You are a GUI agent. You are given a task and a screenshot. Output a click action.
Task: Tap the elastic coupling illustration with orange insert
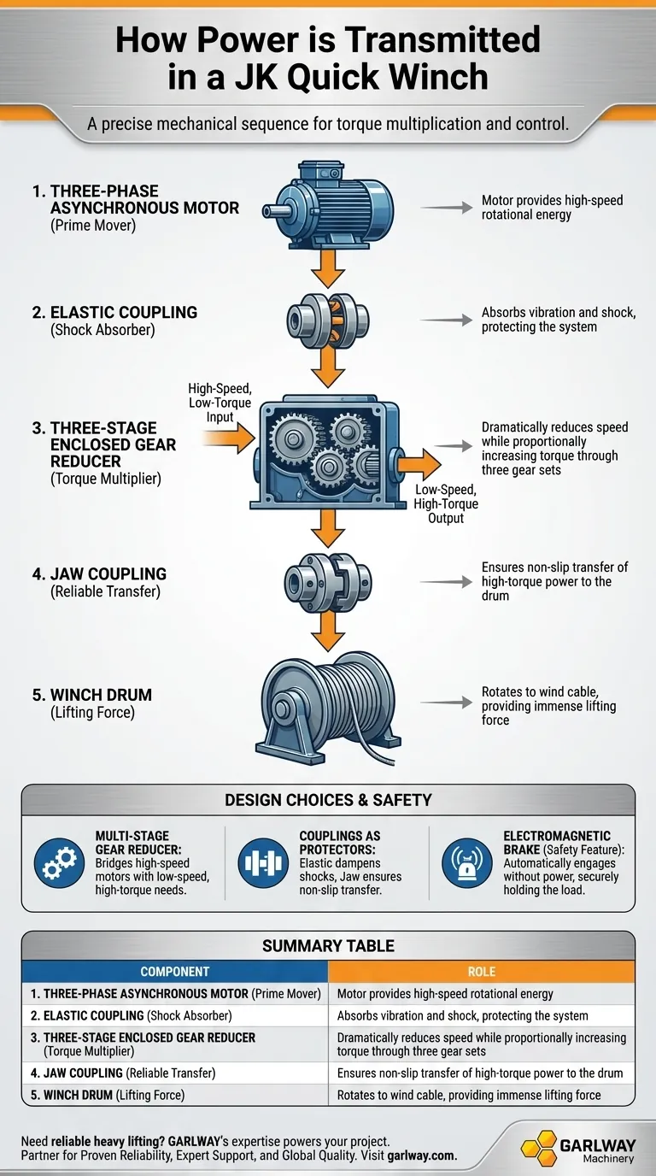328,320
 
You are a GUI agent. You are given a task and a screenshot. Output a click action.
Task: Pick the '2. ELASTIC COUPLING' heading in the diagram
114,312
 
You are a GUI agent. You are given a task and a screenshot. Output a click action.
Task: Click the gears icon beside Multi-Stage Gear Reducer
59,863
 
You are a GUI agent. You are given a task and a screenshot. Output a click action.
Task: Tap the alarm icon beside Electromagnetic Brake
467,863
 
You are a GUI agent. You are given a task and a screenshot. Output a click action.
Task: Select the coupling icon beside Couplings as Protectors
263,863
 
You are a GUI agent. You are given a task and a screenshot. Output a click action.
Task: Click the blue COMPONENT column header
175,972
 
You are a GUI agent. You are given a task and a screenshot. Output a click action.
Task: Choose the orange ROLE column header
482,972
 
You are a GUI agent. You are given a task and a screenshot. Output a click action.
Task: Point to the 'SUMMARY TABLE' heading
328,945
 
